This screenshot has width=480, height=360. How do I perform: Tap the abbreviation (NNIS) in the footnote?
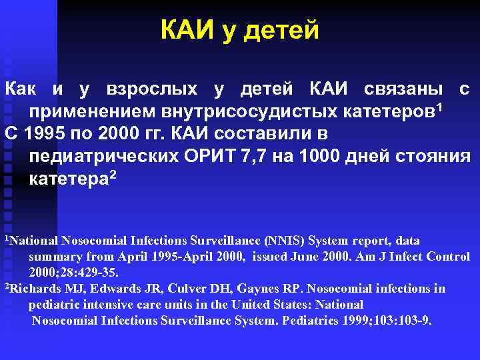pos(285,240)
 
